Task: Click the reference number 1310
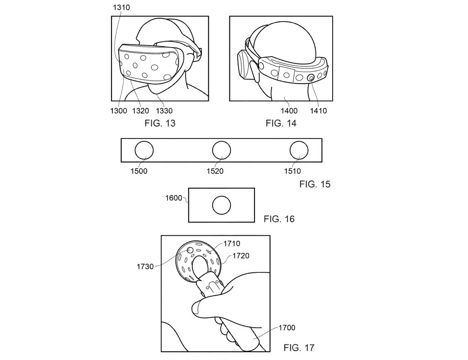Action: coord(121,7)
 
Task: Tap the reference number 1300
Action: coord(119,111)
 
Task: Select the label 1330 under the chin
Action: coord(164,111)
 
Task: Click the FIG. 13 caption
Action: coord(160,123)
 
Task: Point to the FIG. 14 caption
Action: coord(281,123)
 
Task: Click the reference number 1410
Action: coord(318,111)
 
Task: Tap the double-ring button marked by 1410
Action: coord(311,78)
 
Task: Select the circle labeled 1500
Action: coord(144,150)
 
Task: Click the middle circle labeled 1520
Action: coord(222,150)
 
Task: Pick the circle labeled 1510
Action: coord(299,150)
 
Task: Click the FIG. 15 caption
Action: coord(315,184)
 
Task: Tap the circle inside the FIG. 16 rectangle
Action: coord(222,205)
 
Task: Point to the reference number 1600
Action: coord(174,198)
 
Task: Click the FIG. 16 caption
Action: coord(279,219)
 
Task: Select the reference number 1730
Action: coord(145,267)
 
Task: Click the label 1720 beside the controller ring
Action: coord(241,256)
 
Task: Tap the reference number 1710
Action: coord(232,244)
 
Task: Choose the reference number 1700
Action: coord(287,328)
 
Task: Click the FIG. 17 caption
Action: coord(299,348)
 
